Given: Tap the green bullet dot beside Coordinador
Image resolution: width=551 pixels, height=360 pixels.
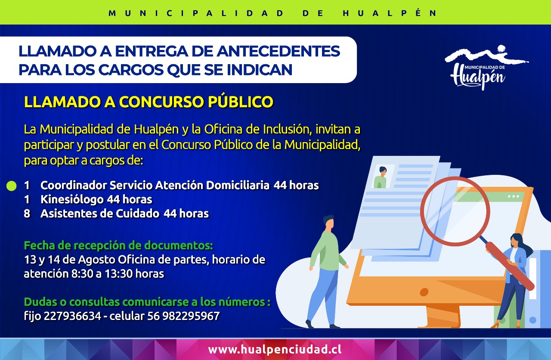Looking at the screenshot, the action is click(x=11, y=186).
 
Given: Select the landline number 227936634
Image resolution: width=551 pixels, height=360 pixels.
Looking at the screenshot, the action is click(x=73, y=316).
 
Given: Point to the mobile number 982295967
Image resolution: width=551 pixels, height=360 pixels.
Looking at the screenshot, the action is click(x=191, y=316).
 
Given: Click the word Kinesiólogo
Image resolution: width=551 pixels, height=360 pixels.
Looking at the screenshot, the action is click(x=72, y=199).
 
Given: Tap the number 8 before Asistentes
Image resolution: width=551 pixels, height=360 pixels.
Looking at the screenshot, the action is click(x=27, y=214).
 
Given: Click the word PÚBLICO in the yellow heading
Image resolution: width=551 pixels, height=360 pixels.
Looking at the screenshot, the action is click(x=241, y=102).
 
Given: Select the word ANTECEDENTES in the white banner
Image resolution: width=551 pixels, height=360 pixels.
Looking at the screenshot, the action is click(x=278, y=51).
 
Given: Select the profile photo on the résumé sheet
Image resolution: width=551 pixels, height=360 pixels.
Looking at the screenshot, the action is click(x=382, y=177).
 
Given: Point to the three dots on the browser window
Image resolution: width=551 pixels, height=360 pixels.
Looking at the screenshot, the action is click(x=514, y=196).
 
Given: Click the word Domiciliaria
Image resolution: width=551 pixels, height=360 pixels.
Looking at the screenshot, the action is click(x=238, y=185).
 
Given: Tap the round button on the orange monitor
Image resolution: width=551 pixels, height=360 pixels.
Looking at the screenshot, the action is click(x=424, y=292).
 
